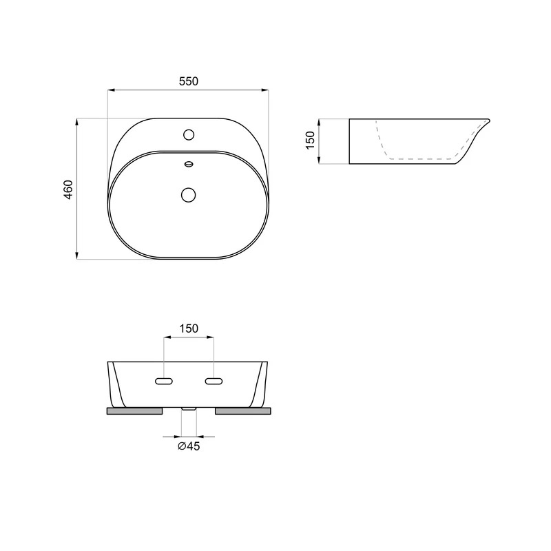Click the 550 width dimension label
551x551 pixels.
189,81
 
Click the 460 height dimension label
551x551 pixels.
68,189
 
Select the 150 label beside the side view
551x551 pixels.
311,141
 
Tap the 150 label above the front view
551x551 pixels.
189,329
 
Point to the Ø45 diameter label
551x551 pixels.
189,446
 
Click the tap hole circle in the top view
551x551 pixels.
189,134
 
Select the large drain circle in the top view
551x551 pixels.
189,194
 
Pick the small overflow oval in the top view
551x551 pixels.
189,164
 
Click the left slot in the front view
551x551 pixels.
164,381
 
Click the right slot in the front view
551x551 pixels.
214,381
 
